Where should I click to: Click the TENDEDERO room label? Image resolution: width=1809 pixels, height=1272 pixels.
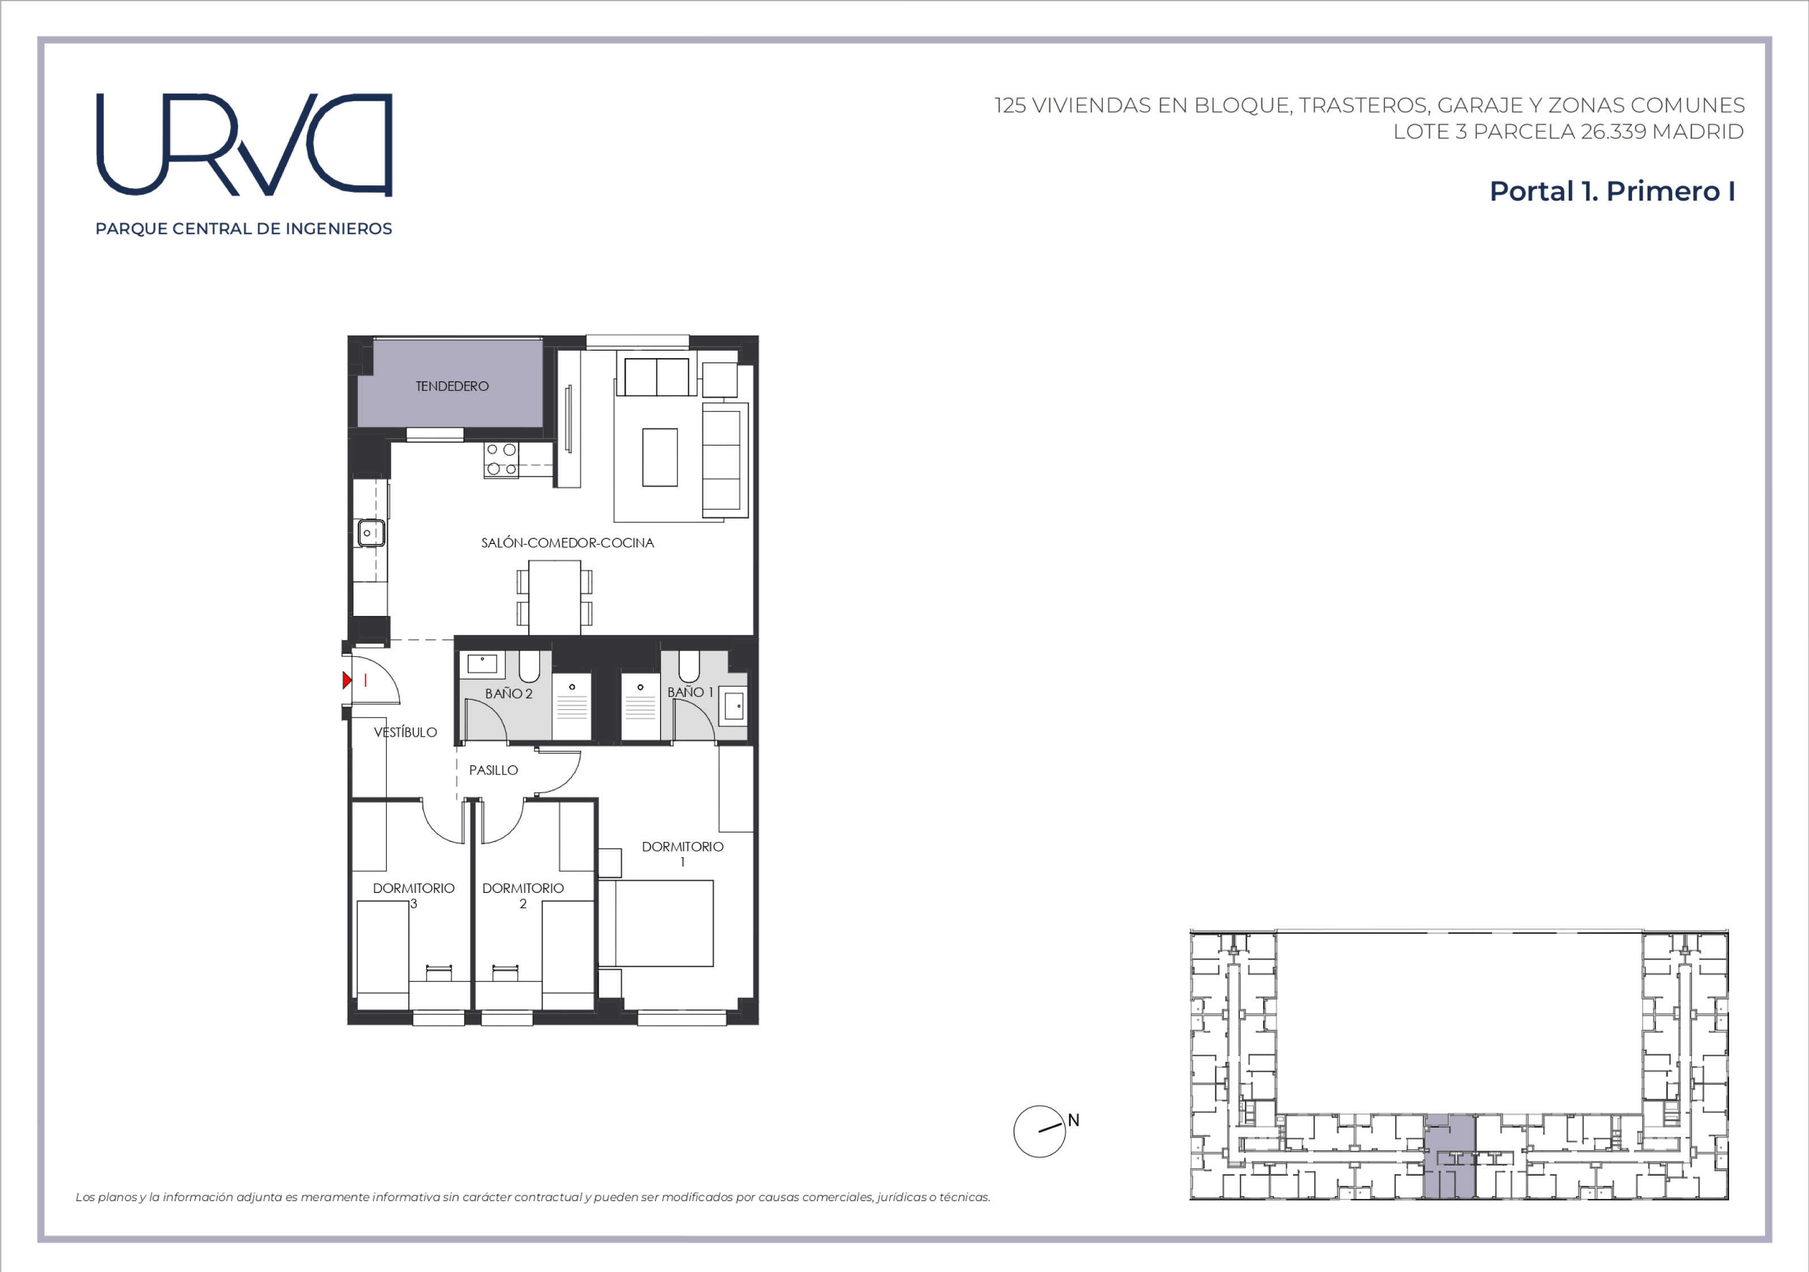pos(452,386)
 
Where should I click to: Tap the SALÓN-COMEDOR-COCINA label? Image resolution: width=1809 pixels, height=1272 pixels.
pos(567,543)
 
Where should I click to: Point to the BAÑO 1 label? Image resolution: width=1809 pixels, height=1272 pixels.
pos(690,692)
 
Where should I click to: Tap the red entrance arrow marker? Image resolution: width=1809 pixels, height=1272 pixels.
pos(347,680)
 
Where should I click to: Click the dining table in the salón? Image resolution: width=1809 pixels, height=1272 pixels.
pos(554,597)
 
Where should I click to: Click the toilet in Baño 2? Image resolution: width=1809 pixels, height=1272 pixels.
pos(529,666)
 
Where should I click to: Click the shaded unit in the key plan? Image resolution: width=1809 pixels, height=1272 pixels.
pos(1450,1156)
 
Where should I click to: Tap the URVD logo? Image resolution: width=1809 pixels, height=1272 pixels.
pos(244,144)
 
